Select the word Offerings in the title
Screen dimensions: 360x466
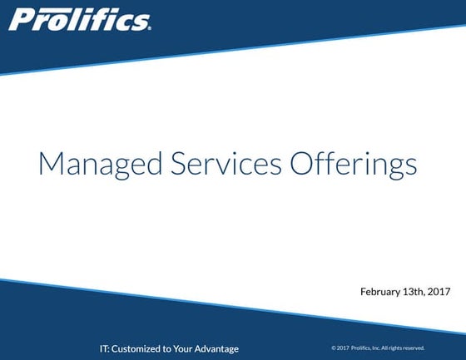353,164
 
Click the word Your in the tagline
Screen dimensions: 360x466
185,348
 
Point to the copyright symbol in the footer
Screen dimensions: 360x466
333,348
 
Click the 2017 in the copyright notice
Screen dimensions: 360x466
342,348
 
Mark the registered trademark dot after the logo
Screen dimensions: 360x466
149,27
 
